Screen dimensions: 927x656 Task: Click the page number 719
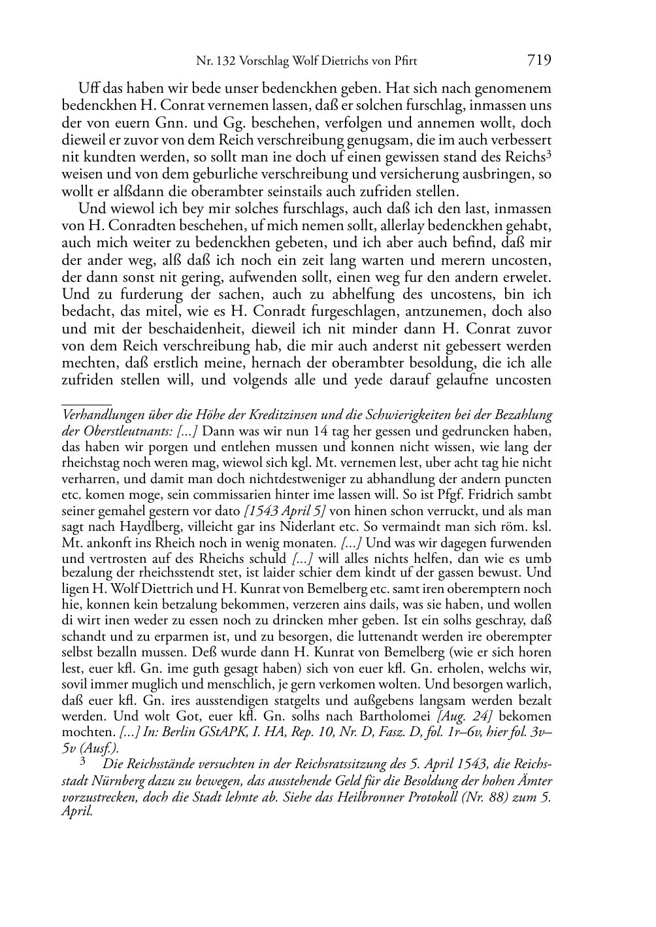click(x=538, y=61)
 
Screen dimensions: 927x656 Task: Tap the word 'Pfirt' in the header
click(x=404, y=62)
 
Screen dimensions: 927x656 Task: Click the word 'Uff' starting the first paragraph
click(x=88, y=88)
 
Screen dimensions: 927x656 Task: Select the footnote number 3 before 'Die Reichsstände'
click(x=82, y=762)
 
